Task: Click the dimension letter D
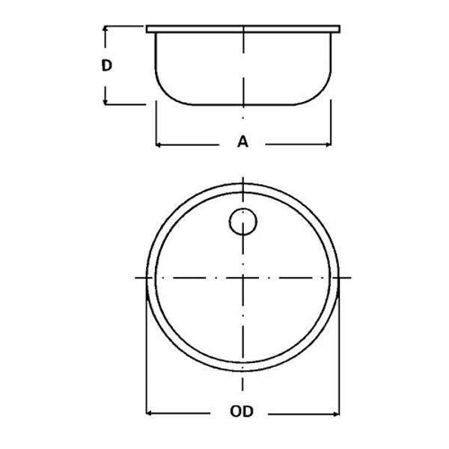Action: point(107,65)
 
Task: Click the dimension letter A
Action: point(242,141)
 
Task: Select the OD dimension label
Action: point(242,412)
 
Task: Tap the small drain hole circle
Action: point(242,222)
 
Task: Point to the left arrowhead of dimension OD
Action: point(149,412)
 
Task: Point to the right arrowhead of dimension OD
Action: point(336,412)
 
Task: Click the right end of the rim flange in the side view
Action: point(339,30)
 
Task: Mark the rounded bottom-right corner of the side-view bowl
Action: point(322,93)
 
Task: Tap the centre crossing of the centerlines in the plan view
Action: point(243,278)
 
